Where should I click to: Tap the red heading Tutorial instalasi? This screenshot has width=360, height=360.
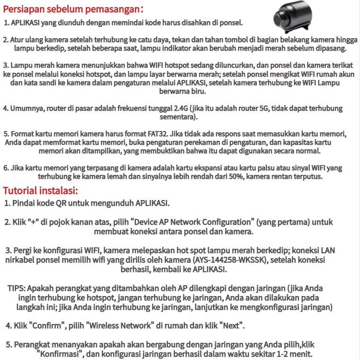(x=40, y=191)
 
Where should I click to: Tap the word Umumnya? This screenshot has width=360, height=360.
(x=26, y=108)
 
